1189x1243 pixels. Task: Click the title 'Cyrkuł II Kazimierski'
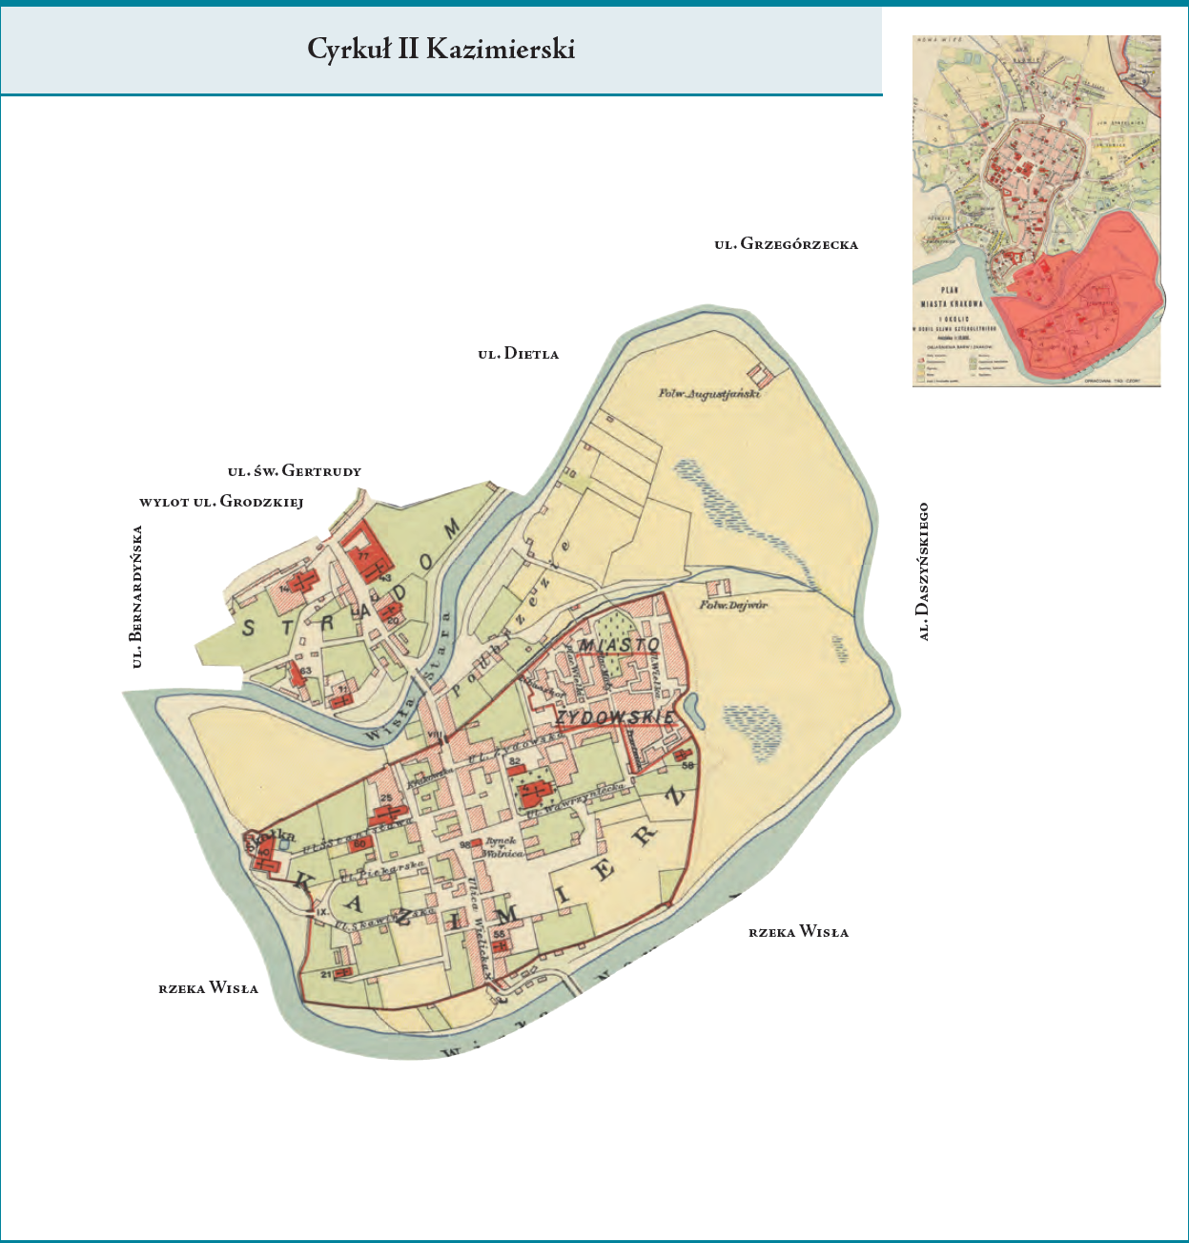441,50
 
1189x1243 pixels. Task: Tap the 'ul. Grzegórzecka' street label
786,244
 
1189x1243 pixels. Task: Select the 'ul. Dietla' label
518,354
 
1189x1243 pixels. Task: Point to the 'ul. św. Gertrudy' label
294,471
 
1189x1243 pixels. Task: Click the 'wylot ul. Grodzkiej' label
221,502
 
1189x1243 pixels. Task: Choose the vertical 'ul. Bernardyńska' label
137,596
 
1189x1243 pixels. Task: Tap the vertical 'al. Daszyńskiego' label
923,571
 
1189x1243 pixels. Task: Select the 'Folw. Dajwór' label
733,605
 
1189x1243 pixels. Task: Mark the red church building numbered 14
303,581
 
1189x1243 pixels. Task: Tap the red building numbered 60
360,843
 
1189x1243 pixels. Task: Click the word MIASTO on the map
620,646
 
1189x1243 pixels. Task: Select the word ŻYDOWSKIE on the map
615,716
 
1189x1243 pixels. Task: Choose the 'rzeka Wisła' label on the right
798,932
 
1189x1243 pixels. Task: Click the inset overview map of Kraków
1036,211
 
